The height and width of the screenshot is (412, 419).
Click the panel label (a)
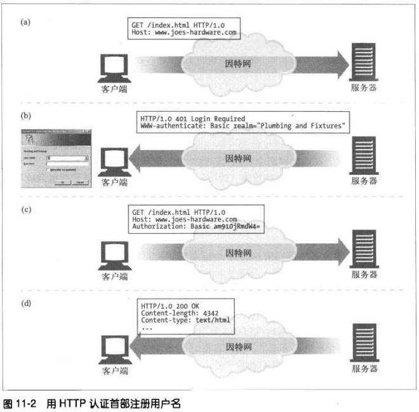point(26,22)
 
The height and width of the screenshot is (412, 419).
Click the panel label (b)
point(26,118)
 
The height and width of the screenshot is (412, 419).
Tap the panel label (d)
point(26,303)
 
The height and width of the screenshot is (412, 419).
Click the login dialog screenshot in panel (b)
point(55,156)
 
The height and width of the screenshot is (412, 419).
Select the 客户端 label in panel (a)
point(115,90)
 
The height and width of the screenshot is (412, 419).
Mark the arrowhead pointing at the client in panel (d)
point(136,347)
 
